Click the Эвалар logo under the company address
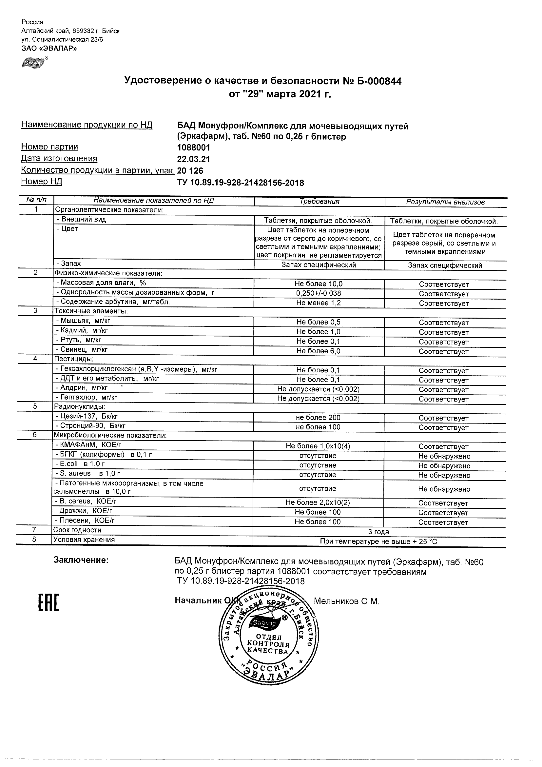[34, 63]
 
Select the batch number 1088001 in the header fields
[193, 147]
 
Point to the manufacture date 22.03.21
[193, 159]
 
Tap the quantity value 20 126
[190, 171]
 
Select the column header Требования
[319, 202]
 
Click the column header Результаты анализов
[445, 202]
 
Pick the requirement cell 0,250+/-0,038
[319, 293]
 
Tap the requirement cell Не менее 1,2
[319, 303]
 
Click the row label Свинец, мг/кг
[82, 349]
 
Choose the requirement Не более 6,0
[319, 351]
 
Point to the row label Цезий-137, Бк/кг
[87, 416]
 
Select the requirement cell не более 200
[318, 418]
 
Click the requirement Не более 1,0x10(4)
[318, 446]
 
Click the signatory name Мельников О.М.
[347, 601]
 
